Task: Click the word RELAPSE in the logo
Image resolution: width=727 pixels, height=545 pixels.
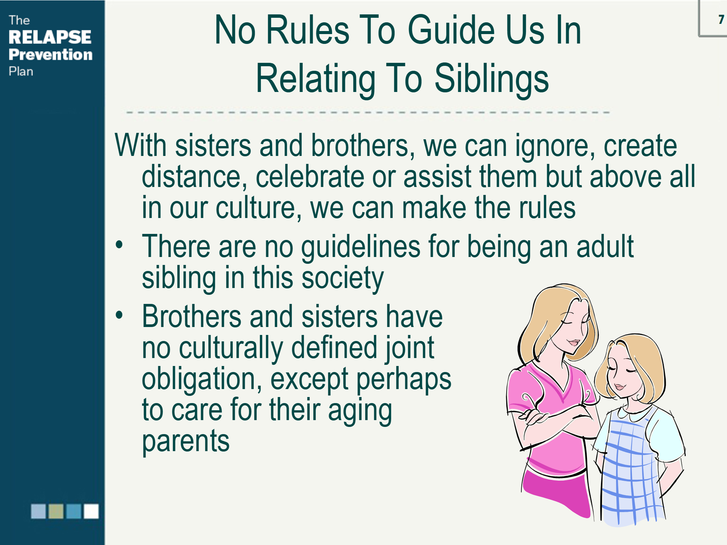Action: (x=50, y=37)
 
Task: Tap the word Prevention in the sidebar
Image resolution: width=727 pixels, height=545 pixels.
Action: (x=50, y=54)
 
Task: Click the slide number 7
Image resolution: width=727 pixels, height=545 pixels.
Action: (x=721, y=19)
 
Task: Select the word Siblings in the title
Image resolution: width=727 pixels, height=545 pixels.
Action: (x=491, y=78)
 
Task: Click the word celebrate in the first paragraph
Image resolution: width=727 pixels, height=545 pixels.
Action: (x=310, y=176)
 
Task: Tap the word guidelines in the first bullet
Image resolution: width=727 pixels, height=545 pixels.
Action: (x=360, y=247)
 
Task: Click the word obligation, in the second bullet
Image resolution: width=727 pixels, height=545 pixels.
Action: (x=202, y=379)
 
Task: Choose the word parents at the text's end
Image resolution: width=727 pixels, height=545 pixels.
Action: (x=186, y=442)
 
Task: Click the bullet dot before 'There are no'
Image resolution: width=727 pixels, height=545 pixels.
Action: (x=119, y=244)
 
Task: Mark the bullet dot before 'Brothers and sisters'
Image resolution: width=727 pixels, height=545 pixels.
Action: (x=119, y=315)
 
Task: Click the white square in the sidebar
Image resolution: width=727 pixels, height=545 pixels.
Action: (x=91, y=511)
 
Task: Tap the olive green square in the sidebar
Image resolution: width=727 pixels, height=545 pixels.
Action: (x=56, y=511)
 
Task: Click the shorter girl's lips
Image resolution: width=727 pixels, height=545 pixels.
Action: (x=620, y=387)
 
